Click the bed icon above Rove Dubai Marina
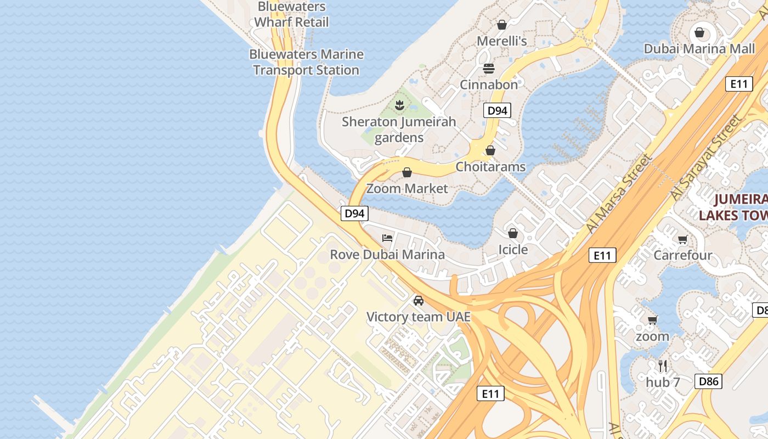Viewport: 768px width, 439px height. (x=387, y=238)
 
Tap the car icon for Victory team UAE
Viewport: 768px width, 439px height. (x=419, y=301)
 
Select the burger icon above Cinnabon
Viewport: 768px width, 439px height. (x=489, y=69)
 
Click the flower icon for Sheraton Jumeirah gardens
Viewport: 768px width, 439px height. (x=399, y=105)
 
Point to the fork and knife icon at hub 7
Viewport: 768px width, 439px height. (x=663, y=366)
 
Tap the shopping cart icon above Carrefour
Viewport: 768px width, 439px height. (x=682, y=239)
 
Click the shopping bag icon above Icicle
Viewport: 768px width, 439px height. (x=512, y=234)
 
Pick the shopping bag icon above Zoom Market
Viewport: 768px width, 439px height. (x=407, y=173)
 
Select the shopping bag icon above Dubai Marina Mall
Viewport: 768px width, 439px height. (x=699, y=32)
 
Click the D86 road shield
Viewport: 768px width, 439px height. (x=708, y=381)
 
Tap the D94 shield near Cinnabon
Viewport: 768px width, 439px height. (x=498, y=110)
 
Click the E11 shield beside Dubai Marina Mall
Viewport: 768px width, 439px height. (x=738, y=84)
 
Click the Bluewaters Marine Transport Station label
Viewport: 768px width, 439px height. (x=306, y=62)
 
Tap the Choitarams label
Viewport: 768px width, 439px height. (x=490, y=167)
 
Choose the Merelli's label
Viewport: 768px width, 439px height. (x=501, y=41)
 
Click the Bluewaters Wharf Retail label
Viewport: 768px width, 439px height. (x=291, y=14)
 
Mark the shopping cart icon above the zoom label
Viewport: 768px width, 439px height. (x=652, y=320)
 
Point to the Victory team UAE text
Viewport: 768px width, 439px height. (x=418, y=317)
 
